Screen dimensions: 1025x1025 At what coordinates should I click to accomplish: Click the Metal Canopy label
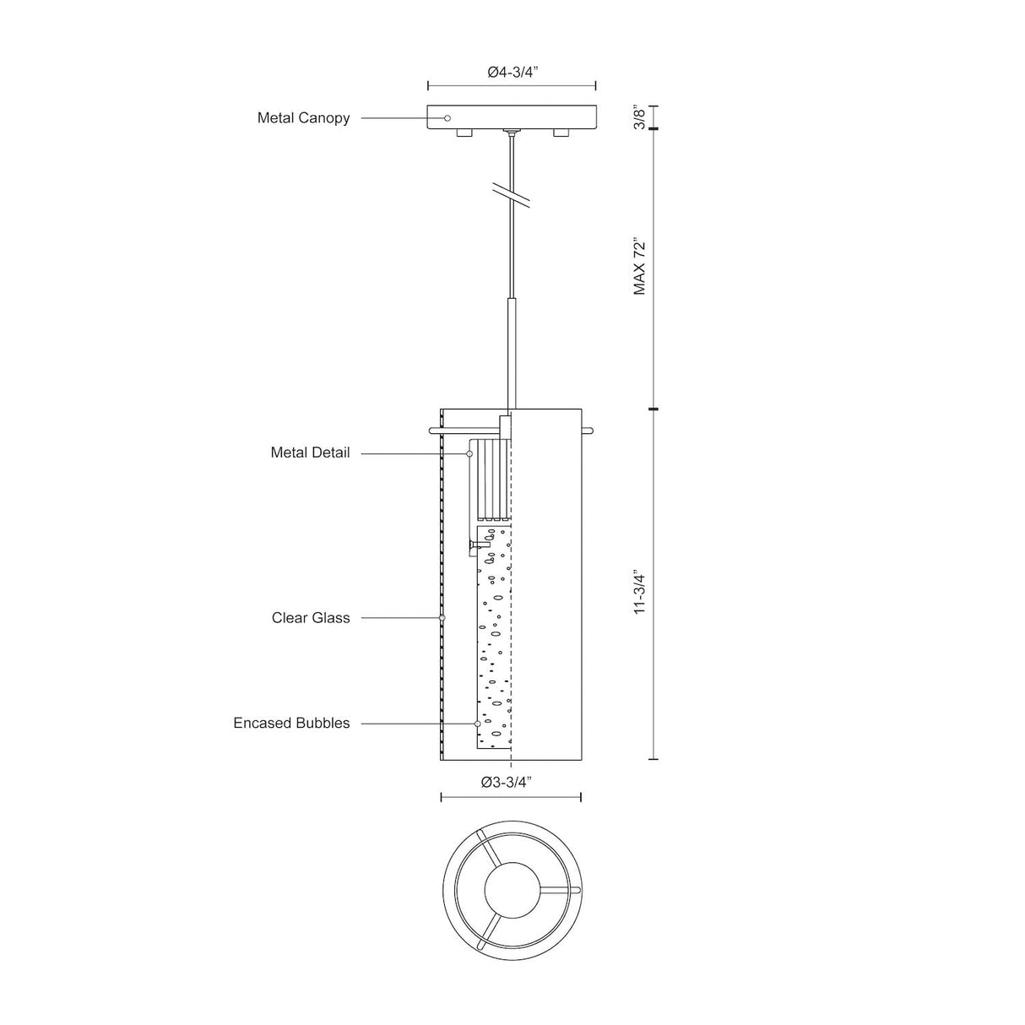click(x=303, y=117)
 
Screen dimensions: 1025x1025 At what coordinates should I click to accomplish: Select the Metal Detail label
click(x=310, y=453)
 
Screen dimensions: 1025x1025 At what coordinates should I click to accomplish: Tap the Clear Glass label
click(x=311, y=617)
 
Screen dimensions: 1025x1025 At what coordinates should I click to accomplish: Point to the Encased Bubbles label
click(x=291, y=723)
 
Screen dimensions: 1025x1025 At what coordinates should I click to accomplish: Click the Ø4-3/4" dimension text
click(x=512, y=73)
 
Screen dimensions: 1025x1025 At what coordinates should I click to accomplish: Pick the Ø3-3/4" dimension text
click(x=507, y=782)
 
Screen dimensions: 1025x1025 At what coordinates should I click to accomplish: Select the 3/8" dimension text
click(x=639, y=117)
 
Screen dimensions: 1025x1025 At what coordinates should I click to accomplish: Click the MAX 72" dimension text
click(x=639, y=266)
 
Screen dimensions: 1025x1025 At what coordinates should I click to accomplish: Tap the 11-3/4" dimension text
click(x=639, y=594)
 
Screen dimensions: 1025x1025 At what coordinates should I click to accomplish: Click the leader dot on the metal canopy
click(x=447, y=118)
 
